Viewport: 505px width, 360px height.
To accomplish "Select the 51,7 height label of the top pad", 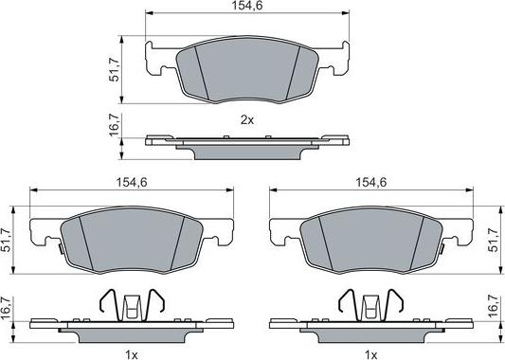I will point(116,69).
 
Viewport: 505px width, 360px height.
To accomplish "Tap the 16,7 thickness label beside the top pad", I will point(116,126).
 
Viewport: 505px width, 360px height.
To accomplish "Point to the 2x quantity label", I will point(247,120).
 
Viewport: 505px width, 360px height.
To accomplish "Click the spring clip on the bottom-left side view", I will point(133,304).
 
